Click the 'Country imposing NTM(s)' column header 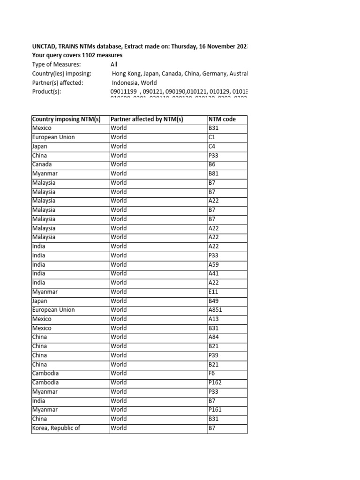(x=67, y=120)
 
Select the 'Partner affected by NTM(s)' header (x=147, y=120)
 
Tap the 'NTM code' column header (x=222, y=120)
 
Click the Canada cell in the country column (x=42, y=165)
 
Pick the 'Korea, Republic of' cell (x=56, y=428)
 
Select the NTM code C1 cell (x=212, y=137)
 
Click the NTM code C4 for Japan (x=212, y=146)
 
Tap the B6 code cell (x=212, y=165)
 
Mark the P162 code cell (x=215, y=382)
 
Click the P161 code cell (x=215, y=410)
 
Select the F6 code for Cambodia (x=211, y=373)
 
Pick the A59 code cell (x=214, y=264)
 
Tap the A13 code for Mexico (x=214, y=319)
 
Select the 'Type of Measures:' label (x=56, y=64)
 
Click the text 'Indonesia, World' (x=134, y=82)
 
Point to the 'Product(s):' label (x=46, y=91)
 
